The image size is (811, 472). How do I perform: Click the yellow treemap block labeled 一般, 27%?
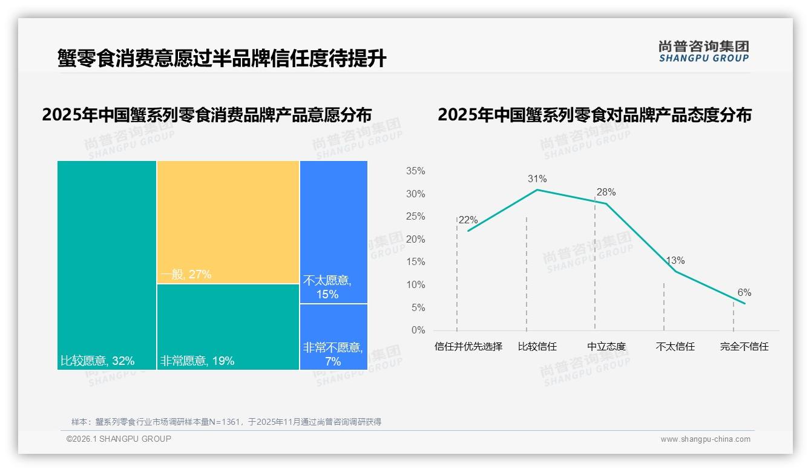click(228, 222)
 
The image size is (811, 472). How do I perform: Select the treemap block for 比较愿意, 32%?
click(107, 264)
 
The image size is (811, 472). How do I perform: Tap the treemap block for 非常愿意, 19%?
click(228, 327)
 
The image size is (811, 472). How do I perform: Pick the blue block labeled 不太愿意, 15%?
click(333, 232)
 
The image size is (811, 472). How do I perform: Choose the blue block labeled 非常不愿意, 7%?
click(333, 336)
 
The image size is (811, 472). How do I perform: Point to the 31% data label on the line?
click(537, 179)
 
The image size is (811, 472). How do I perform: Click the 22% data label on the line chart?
click(468, 220)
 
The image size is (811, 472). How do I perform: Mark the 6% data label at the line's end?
click(744, 293)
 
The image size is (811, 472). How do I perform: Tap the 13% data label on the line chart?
click(675, 261)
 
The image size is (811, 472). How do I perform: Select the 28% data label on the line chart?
click(606, 192)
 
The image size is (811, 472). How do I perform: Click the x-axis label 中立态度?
click(606, 347)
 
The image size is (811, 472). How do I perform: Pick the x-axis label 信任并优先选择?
click(468, 347)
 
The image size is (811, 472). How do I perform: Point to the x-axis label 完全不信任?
click(744, 347)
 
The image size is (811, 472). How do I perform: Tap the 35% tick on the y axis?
click(415, 171)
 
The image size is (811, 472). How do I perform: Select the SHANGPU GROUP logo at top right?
click(703, 51)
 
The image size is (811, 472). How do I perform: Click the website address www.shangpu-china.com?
click(705, 439)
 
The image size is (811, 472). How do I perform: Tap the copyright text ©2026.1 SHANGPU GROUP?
click(119, 439)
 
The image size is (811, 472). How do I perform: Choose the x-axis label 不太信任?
click(675, 347)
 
